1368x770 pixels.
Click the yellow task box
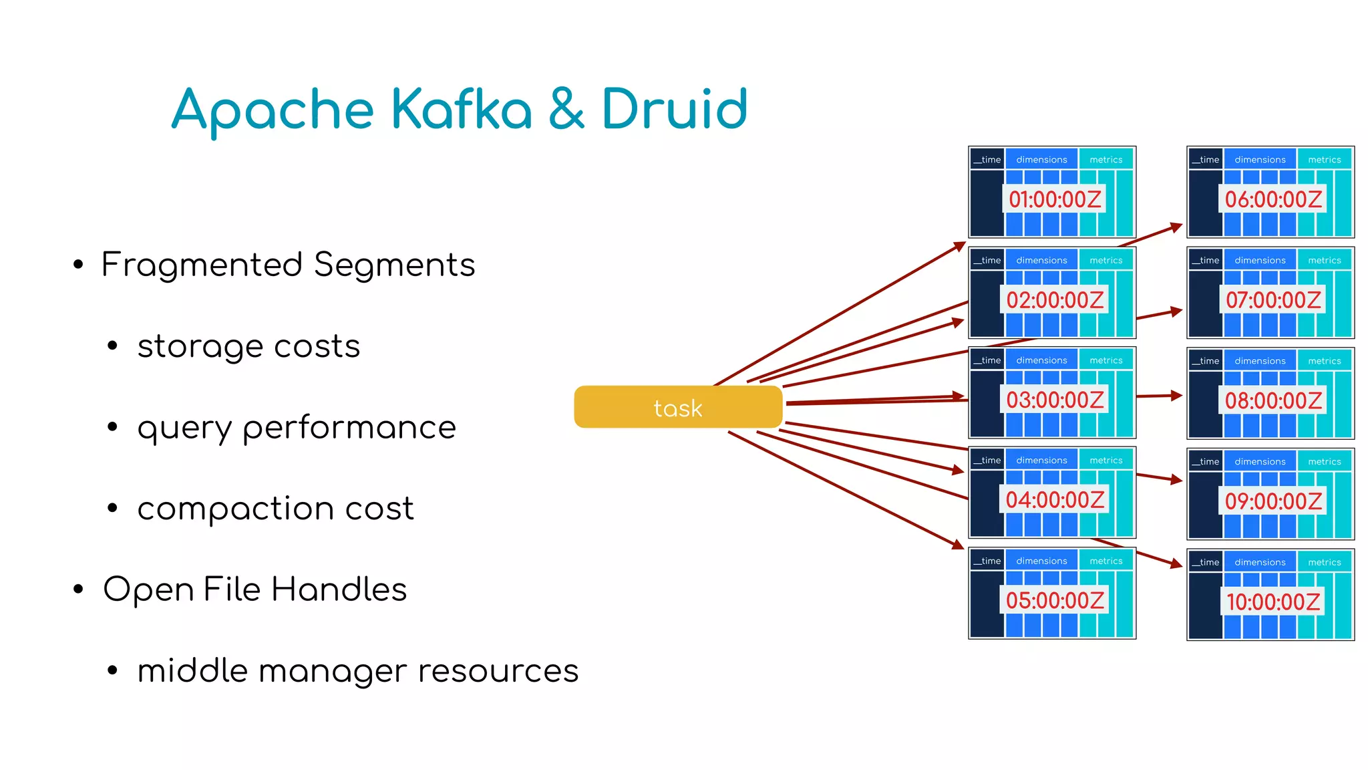point(677,407)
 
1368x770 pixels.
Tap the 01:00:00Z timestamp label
point(1054,199)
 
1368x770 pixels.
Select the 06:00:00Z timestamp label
point(1272,199)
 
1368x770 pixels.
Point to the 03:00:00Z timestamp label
point(1054,400)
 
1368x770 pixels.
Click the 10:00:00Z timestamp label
point(1272,602)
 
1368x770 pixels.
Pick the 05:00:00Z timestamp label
point(1054,600)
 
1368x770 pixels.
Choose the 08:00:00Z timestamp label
point(1272,400)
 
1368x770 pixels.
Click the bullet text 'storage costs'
point(248,346)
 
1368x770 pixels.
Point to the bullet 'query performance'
point(297,428)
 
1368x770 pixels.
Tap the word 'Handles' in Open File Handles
point(339,590)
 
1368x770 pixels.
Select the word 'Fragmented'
point(202,265)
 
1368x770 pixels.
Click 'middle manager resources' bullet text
point(357,671)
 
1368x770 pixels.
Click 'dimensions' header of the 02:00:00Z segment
point(1041,260)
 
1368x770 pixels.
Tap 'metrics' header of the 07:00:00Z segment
point(1324,260)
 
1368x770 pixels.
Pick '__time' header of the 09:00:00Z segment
point(1206,461)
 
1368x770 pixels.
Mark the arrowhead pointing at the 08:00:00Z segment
point(1177,396)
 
